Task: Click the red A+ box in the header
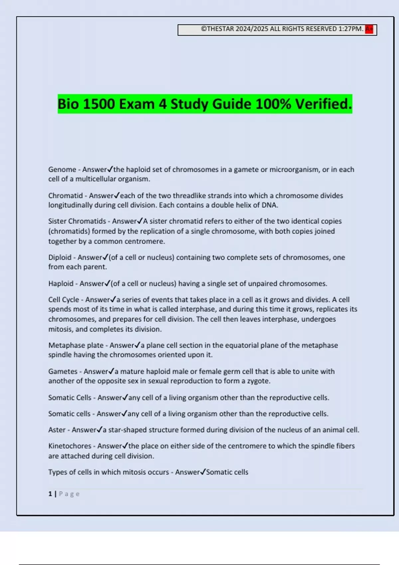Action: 369,29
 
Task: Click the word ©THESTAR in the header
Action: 217,29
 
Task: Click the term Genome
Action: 62,169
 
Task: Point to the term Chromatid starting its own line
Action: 66,196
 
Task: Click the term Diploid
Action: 60,257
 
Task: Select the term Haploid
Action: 61,283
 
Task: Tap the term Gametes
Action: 63,372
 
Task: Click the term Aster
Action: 57,430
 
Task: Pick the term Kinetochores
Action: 70,446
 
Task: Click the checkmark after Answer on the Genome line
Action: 110,169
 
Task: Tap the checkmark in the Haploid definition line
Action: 107,283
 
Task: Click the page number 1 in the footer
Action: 50,494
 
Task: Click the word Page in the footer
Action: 69,494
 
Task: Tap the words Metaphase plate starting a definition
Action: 76,345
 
